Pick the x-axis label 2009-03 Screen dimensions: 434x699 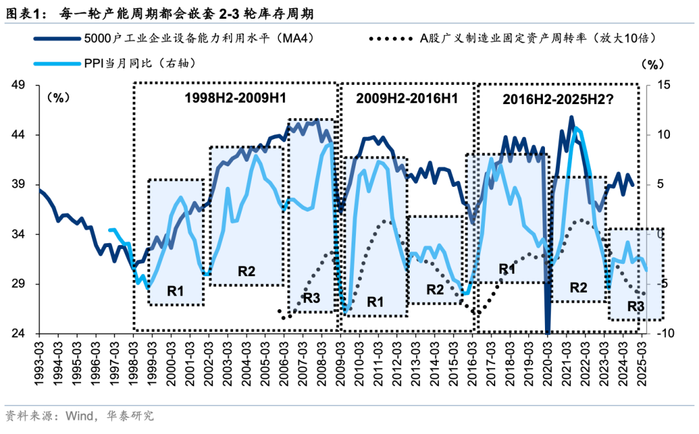[340, 359]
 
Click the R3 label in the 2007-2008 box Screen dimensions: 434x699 [311, 298]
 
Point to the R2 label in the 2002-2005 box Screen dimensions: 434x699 [247, 271]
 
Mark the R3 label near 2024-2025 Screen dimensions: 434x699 [636, 305]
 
